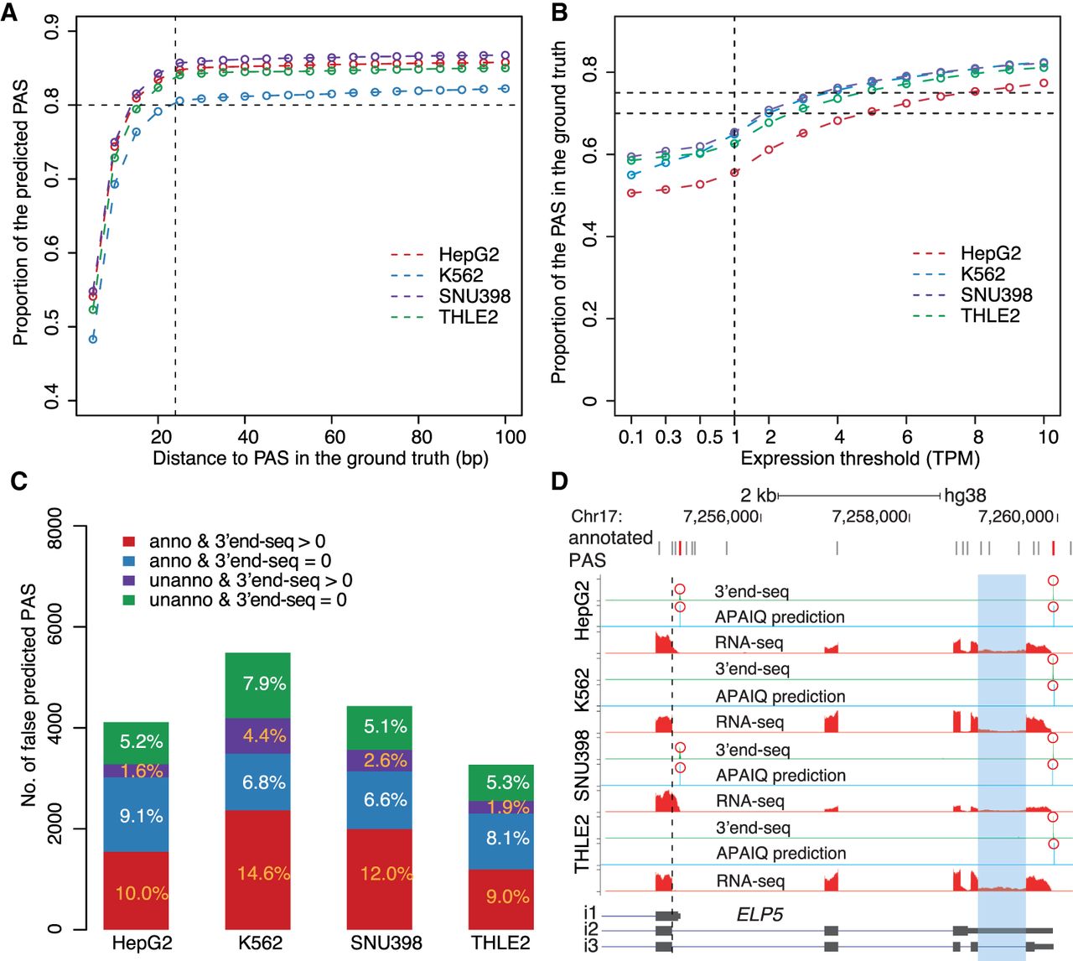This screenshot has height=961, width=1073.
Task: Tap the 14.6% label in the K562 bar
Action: (263, 873)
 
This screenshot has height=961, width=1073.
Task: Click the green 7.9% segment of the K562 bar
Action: (258, 685)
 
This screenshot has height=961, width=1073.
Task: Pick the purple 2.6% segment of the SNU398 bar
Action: (379, 761)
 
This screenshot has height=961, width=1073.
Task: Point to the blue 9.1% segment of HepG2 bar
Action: (136, 814)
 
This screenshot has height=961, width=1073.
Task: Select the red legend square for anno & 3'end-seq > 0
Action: (129, 542)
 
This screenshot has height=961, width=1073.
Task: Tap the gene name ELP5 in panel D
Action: (759, 915)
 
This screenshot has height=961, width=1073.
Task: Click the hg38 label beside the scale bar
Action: (965, 496)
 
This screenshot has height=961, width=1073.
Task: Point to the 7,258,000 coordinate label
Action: (869, 516)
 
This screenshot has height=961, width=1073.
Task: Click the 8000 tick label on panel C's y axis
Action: (54, 526)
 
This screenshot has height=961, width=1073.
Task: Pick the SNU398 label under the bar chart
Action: (386, 943)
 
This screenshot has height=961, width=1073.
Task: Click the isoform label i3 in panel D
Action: (591, 946)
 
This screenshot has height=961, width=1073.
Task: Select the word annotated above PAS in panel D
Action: (610, 538)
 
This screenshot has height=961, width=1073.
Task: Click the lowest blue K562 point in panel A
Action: (93, 339)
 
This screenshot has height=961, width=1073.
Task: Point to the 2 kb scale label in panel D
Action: (758, 496)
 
